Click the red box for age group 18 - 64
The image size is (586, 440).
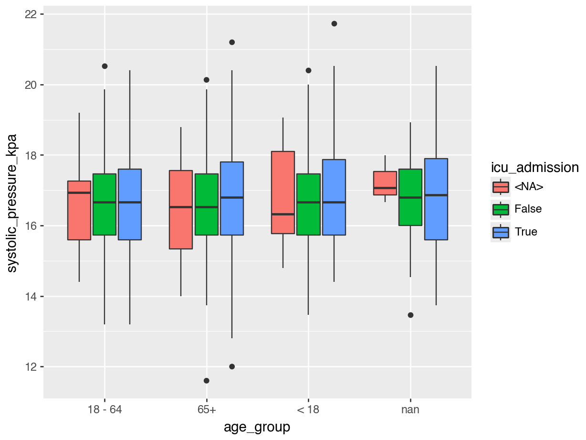click(x=79, y=210)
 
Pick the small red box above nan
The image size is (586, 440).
click(x=385, y=183)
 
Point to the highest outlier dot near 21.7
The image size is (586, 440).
click(x=334, y=23)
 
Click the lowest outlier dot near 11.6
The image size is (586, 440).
click(x=207, y=381)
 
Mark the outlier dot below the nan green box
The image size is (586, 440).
click(x=410, y=315)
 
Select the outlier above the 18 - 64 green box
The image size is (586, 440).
click(x=105, y=66)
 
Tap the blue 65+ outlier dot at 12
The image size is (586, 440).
click(x=232, y=366)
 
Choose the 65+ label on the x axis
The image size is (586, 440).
click(x=207, y=410)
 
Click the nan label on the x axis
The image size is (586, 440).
click(x=410, y=410)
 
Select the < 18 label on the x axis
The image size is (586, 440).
click(x=308, y=410)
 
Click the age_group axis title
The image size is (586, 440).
click(x=257, y=427)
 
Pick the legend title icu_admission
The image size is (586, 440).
click(x=535, y=167)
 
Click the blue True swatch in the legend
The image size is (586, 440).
click(x=501, y=232)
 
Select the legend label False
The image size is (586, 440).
click(x=528, y=209)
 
